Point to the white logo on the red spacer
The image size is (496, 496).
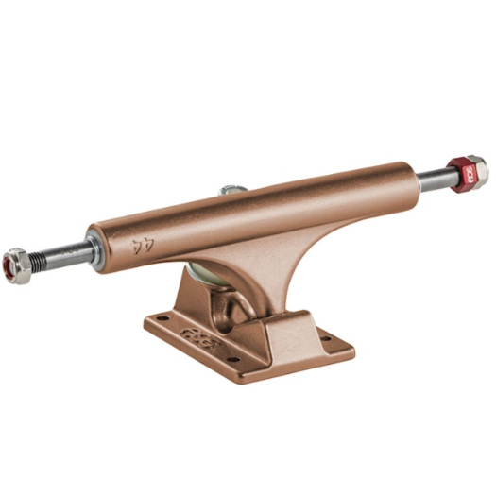point(464,175)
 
